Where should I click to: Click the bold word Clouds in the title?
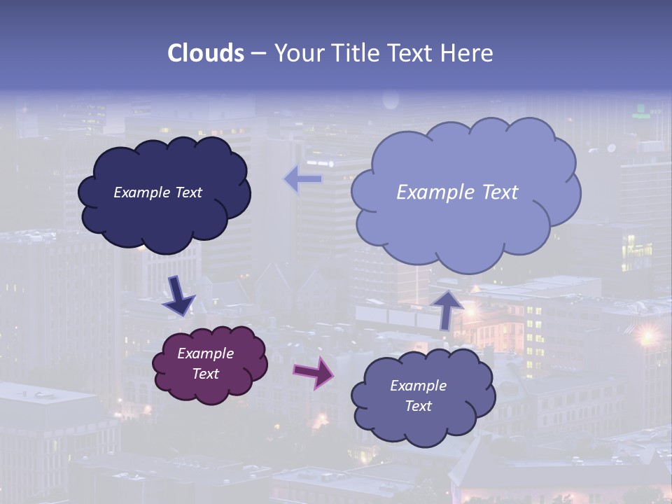(x=206, y=53)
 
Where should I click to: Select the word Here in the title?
(x=470, y=53)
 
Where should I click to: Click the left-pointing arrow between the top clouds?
(x=303, y=179)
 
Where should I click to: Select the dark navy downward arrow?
(x=178, y=295)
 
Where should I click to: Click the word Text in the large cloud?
(x=499, y=192)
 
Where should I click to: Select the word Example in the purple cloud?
(x=205, y=353)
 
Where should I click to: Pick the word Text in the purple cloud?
(x=205, y=374)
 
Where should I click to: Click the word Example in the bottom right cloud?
(x=418, y=386)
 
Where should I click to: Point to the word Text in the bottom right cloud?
(x=418, y=406)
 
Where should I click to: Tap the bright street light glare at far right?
(x=647, y=335)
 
